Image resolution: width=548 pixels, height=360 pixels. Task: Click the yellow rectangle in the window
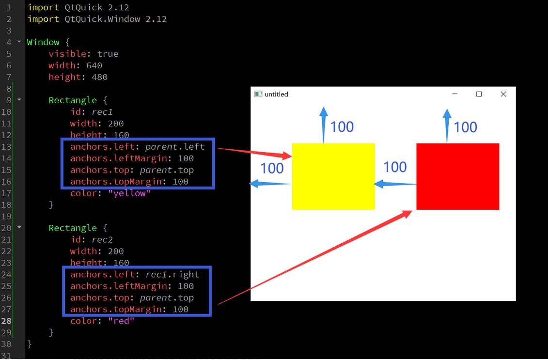click(333, 176)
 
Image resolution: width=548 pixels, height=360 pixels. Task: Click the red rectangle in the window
click(457, 176)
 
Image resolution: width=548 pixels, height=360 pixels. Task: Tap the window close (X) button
click(503, 94)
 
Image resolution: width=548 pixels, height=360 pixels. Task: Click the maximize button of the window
click(479, 94)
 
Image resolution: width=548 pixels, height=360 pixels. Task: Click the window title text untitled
click(276, 94)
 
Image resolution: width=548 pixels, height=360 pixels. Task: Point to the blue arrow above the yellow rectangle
click(324, 125)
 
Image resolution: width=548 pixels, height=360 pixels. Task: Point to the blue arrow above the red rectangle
click(447, 125)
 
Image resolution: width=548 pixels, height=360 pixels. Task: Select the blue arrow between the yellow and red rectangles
click(395, 184)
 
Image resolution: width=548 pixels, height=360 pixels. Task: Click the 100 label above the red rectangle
click(465, 127)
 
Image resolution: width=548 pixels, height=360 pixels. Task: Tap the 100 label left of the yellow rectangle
click(272, 168)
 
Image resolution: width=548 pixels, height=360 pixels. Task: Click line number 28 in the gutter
click(6, 321)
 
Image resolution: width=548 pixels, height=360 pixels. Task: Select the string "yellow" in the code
click(129, 193)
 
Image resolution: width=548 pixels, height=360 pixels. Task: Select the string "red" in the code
click(121, 321)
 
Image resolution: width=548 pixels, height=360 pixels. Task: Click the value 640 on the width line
click(94, 65)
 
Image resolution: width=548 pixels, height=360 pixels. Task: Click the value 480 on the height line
click(99, 77)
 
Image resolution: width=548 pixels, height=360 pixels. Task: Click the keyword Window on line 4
click(43, 42)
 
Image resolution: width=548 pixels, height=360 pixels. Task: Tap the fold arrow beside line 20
click(19, 227)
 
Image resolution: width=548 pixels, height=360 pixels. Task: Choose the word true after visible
click(108, 54)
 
